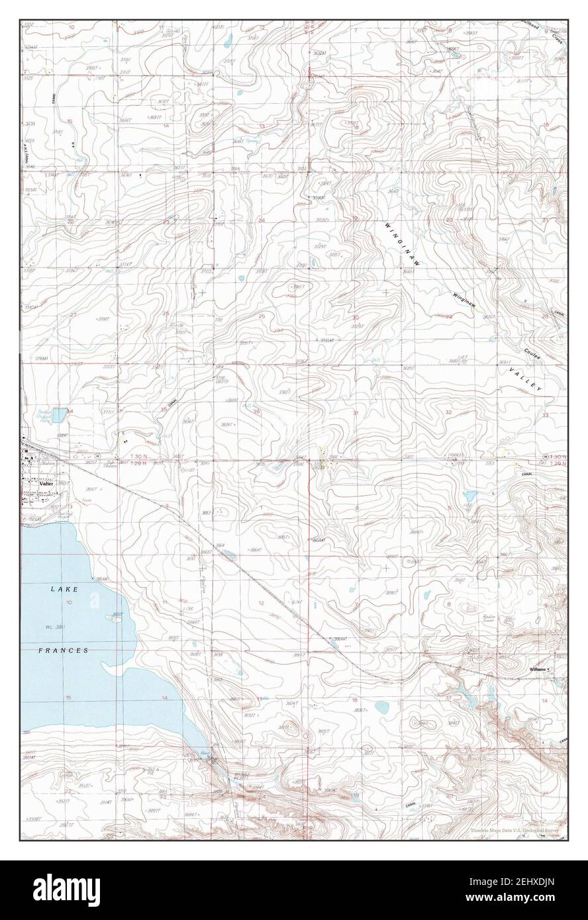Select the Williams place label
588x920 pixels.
[537, 670]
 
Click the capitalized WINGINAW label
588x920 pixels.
[402, 245]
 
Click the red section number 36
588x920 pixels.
[256, 412]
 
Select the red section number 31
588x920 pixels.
[356, 413]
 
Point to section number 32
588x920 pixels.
[448, 412]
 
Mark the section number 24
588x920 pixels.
[262, 220]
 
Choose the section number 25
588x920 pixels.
[262, 316]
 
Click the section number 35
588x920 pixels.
[164, 410]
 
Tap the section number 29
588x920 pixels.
[448, 316]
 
